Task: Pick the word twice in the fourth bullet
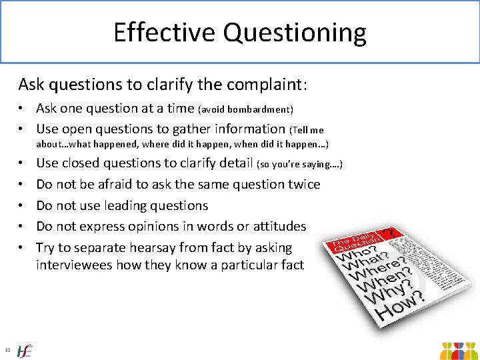302,184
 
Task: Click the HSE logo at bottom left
25,350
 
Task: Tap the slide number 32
7,350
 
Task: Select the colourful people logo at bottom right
459,351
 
